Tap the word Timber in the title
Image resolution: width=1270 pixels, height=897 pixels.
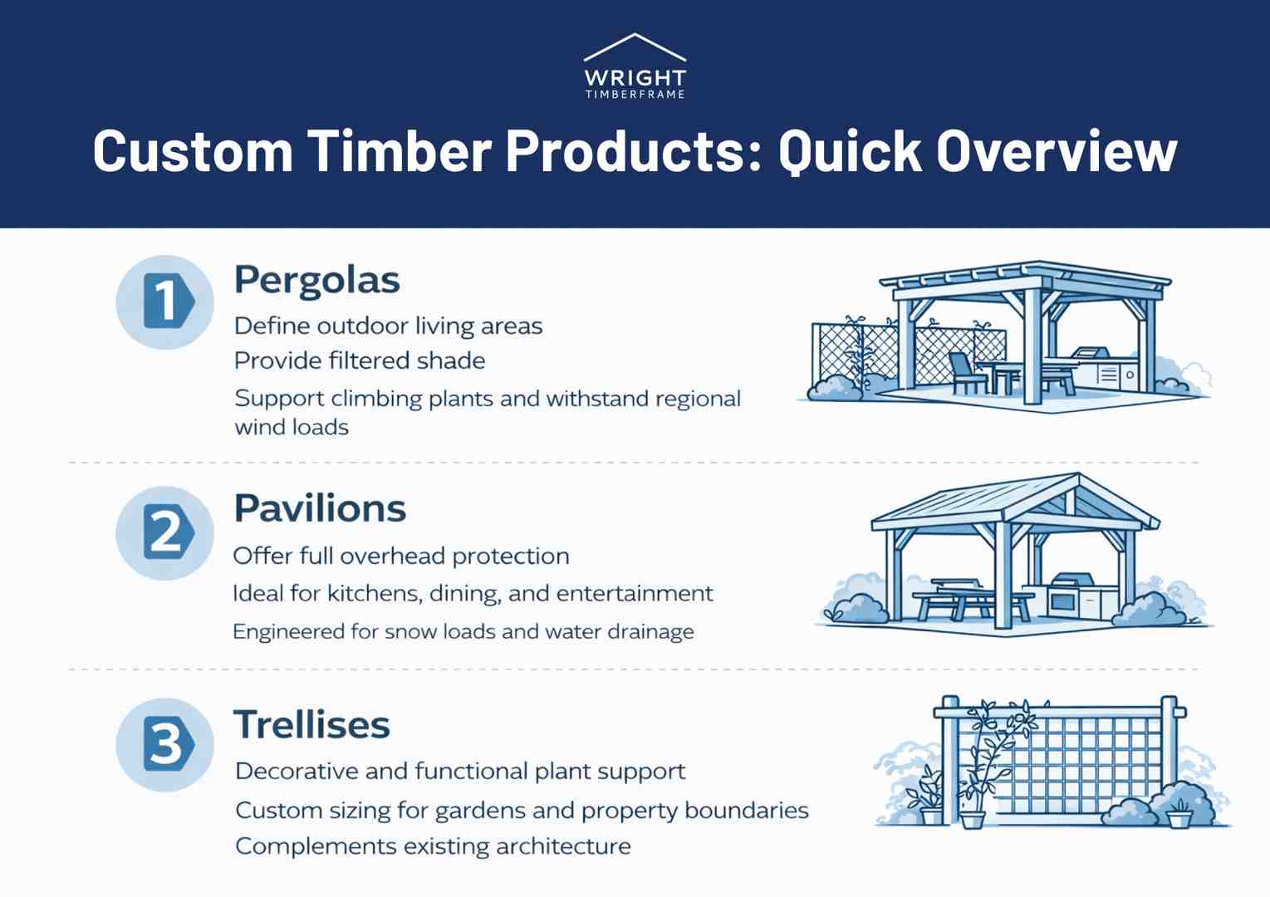(400, 152)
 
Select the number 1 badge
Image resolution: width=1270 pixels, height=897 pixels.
(166, 301)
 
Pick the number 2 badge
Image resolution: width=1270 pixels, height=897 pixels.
(166, 532)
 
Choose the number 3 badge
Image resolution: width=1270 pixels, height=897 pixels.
(166, 744)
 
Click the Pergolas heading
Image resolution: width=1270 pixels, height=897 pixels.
(316, 280)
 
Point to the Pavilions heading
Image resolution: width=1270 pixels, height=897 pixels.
(320, 508)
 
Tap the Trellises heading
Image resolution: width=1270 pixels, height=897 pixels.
(311, 724)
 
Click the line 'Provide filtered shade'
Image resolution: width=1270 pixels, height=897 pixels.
(360, 360)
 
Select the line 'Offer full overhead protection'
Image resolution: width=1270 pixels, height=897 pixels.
(401, 556)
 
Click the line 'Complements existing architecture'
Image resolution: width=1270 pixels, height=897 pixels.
(433, 846)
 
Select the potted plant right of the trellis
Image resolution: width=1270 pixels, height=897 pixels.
(1179, 813)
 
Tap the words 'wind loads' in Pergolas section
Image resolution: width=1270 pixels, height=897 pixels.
(292, 428)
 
